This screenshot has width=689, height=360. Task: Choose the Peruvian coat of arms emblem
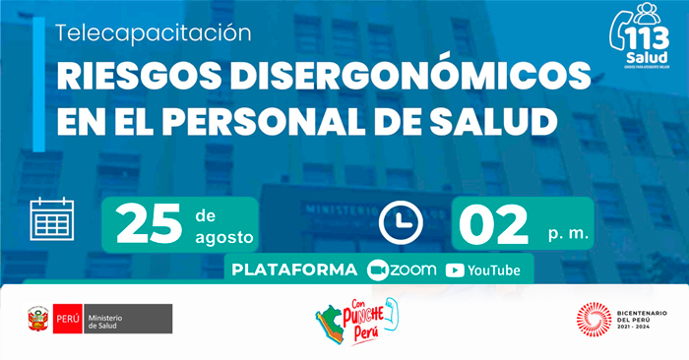[38, 319]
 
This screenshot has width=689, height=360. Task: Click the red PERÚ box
[67, 319]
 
